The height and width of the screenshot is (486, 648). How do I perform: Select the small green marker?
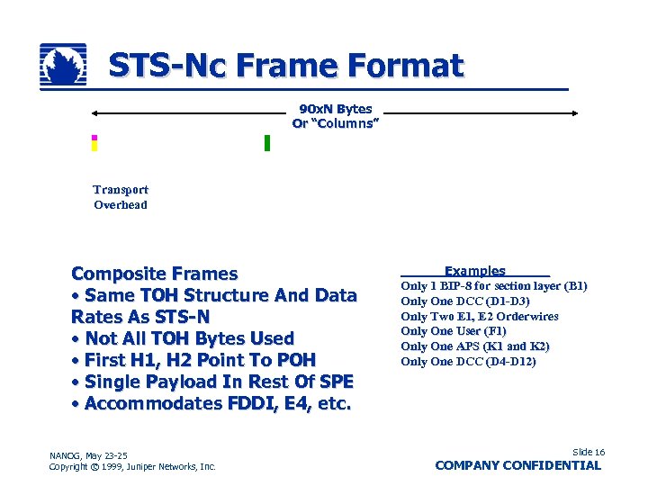[267, 143]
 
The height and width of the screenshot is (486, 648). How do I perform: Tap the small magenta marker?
[94, 138]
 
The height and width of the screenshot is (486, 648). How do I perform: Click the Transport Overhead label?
[121, 197]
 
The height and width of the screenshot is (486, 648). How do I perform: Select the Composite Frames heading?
[155, 274]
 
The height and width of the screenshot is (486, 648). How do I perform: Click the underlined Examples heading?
[474, 271]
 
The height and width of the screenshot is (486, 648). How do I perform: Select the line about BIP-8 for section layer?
[493, 286]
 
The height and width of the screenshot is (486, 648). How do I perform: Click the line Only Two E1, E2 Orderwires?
[479, 316]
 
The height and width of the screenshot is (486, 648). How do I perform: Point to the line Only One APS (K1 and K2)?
[474, 346]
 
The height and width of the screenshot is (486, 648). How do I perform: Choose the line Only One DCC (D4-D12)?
[468, 362]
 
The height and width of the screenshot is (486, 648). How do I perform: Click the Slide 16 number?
[588, 452]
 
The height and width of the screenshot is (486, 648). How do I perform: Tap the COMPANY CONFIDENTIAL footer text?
[517, 465]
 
